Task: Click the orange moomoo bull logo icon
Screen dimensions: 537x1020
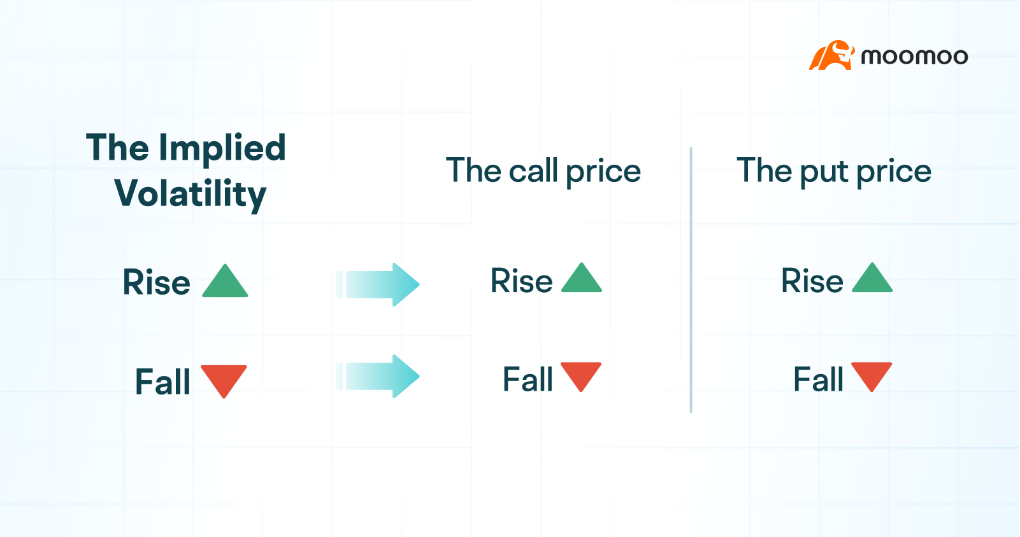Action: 831,56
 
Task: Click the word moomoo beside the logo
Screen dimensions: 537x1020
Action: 914,57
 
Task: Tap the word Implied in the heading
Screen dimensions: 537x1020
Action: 222,148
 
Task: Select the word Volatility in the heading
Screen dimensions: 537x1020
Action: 190,194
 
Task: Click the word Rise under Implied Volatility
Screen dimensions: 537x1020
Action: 157,282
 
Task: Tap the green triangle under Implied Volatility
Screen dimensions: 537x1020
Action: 225,282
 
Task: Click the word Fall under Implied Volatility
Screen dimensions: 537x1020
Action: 162,382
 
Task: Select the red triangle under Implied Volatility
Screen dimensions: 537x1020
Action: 224,379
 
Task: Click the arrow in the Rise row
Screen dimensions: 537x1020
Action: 380,284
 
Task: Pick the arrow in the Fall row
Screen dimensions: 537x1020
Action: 380,376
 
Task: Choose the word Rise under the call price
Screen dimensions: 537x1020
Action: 521,281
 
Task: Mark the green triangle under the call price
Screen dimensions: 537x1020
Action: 582,279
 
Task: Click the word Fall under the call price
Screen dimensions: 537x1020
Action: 528,379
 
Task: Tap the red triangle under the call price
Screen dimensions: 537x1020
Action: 581,375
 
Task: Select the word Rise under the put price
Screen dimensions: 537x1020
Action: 812,281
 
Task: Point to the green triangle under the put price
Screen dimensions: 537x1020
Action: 872,279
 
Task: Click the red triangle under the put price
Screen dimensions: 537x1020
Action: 872,375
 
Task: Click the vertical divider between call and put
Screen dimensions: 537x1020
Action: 691,280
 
